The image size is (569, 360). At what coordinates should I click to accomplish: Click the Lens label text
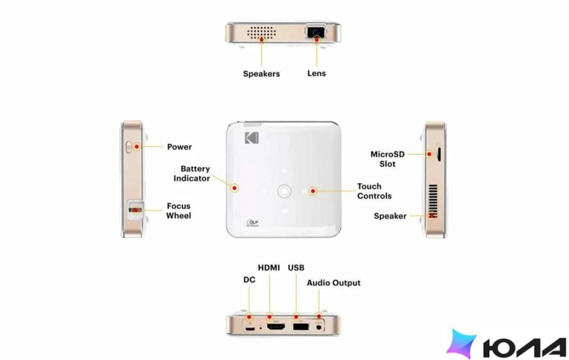(x=317, y=73)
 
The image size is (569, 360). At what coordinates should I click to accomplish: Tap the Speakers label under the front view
(x=261, y=73)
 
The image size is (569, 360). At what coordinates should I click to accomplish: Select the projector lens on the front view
(x=316, y=32)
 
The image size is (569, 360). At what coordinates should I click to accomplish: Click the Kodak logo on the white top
(x=251, y=138)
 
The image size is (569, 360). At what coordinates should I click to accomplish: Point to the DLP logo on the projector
(x=252, y=222)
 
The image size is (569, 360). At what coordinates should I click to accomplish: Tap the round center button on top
(x=284, y=191)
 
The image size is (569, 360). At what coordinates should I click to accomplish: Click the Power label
(x=179, y=147)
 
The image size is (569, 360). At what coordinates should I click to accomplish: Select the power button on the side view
(x=129, y=147)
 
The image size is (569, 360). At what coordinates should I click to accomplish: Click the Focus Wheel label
(x=178, y=211)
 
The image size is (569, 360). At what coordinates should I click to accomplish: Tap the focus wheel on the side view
(x=135, y=210)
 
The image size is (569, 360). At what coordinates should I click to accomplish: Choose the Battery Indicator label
(x=191, y=173)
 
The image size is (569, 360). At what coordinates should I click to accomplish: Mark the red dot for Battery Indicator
(x=234, y=188)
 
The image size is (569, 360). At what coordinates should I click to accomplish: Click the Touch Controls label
(x=374, y=191)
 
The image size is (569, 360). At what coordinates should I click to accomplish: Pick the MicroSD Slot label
(x=387, y=159)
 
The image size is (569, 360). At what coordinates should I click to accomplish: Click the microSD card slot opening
(x=439, y=154)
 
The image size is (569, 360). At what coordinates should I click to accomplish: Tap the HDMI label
(x=269, y=268)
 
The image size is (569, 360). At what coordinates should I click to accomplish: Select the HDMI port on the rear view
(x=276, y=327)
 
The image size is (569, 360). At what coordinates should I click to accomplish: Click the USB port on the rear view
(x=301, y=326)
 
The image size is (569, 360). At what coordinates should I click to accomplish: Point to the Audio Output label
(x=334, y=283)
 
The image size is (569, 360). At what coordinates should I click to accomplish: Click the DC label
(x=249, y=280)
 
